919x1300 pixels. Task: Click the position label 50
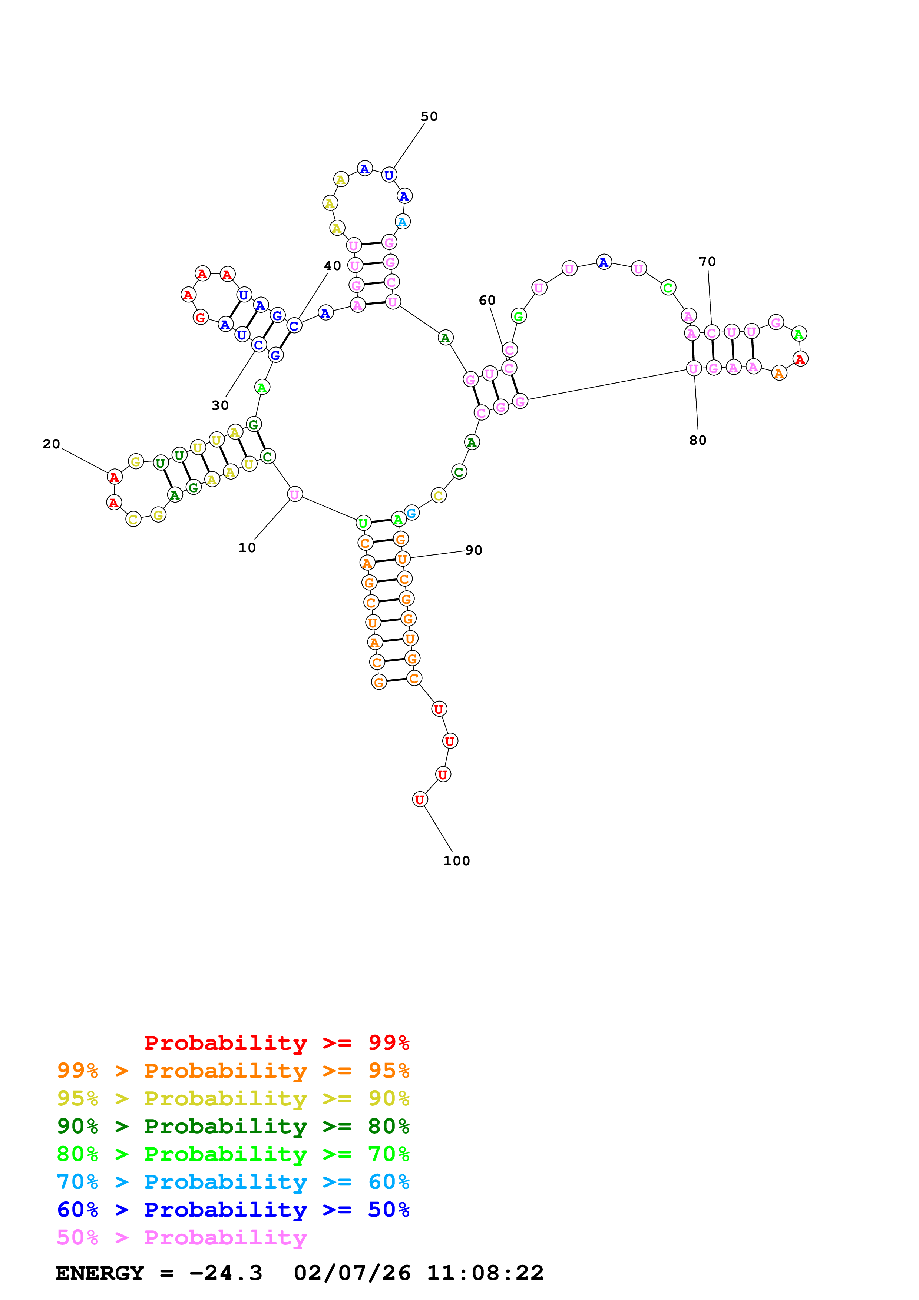[429, 117]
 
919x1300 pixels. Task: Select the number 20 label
[51, 444]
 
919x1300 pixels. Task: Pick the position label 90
[473, 550]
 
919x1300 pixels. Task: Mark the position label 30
[220, 405]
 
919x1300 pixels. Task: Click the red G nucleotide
[201, 317]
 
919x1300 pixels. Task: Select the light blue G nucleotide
[411, 513]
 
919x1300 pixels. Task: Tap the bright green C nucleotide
[668, 288]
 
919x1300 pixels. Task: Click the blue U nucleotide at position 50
[389, 175]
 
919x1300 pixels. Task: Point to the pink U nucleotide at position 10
[295, 494]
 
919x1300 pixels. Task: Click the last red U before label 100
[420, 799]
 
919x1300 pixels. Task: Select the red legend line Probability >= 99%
[276, 1042]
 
